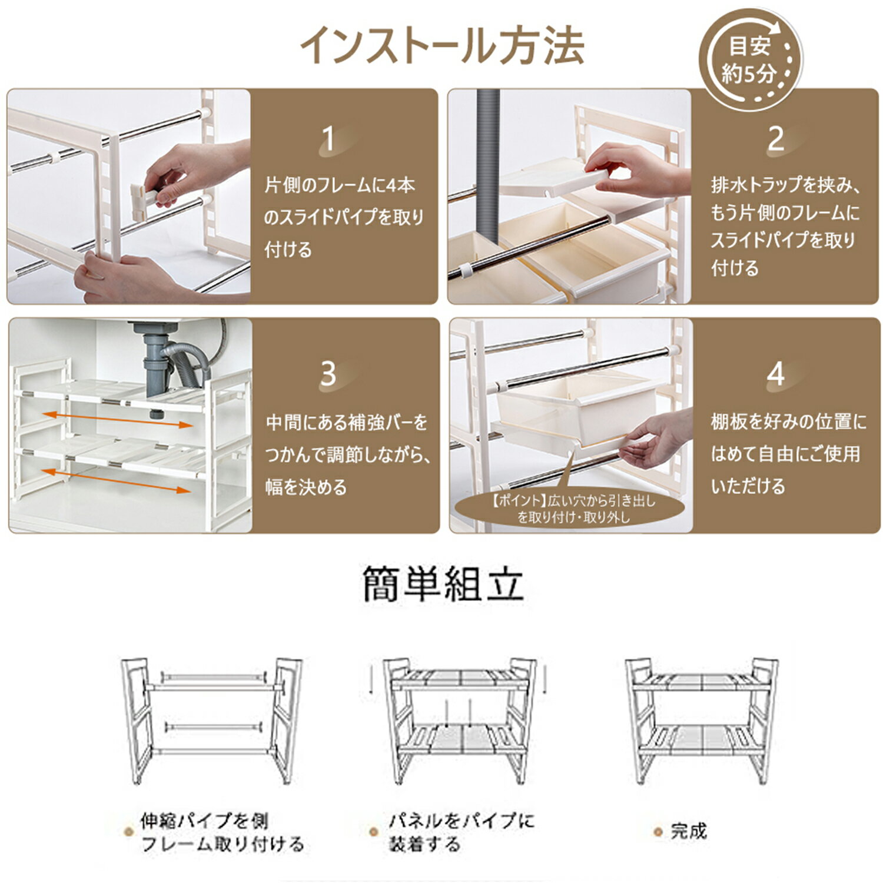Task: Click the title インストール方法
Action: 442,45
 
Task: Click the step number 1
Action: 328,140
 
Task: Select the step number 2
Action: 775,140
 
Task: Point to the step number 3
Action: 328,373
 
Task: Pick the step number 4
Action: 776,373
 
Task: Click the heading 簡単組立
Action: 443,584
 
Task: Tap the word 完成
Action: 688,831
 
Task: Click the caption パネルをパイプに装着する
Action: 461,832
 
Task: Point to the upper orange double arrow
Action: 118,420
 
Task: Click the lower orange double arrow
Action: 118,480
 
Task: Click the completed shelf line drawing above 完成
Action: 701,722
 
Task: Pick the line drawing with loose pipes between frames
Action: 211,722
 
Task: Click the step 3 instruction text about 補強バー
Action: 347,454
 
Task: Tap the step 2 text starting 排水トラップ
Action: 786,227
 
